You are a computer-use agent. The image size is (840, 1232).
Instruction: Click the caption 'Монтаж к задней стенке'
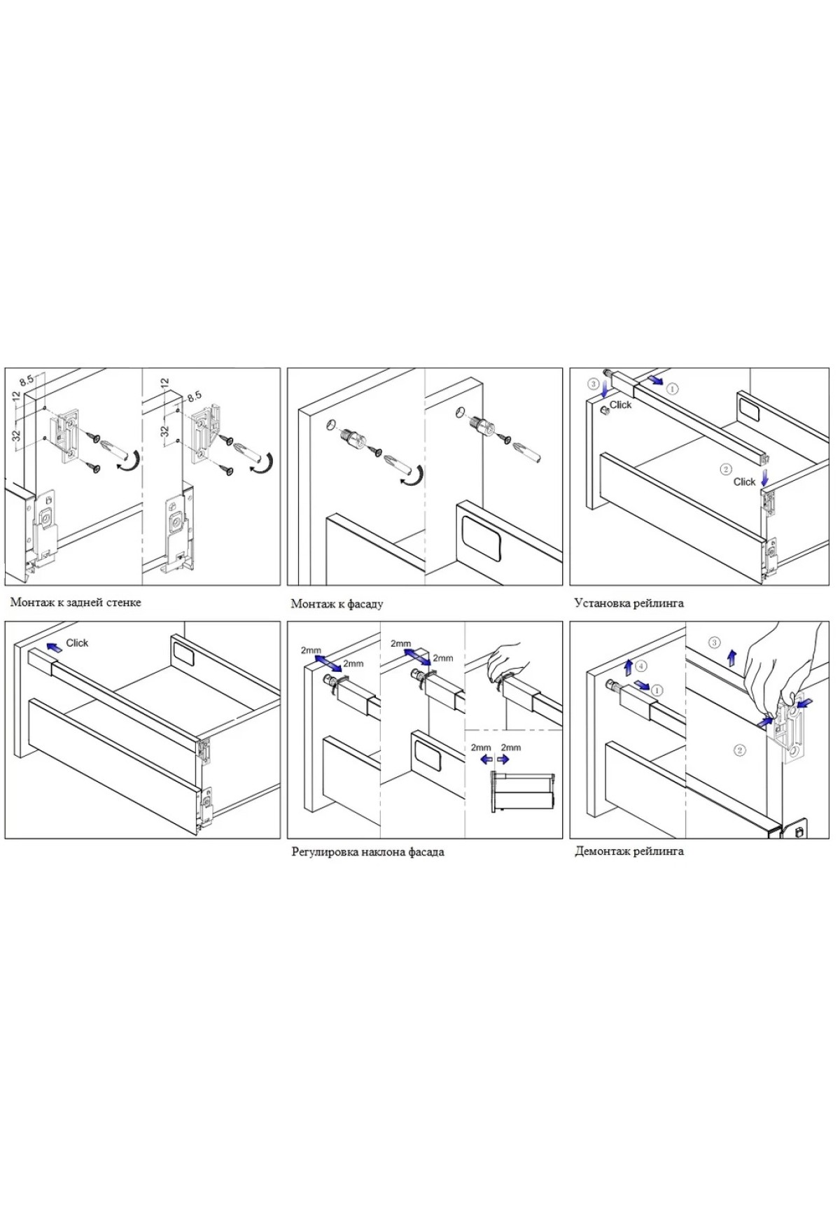tap(76, 602)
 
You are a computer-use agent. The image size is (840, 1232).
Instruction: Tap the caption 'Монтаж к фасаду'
tap(337, 603)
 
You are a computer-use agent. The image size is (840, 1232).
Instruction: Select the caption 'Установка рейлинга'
tap(629, 603)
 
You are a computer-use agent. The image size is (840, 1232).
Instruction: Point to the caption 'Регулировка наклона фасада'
tap(367, 852)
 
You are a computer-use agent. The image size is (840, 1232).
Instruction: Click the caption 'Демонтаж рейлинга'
tap(629, 851)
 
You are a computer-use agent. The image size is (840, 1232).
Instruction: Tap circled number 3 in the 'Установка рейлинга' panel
tap(593, 384)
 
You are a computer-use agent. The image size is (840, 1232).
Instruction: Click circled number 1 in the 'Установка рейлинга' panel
tap(672, 387)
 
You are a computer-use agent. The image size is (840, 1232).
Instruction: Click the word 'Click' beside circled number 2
tap(744, 482)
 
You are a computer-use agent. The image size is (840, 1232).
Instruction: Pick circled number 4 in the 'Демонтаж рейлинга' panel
tap(642, 666)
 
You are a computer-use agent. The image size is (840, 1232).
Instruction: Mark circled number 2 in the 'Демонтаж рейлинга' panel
tap(740, 750)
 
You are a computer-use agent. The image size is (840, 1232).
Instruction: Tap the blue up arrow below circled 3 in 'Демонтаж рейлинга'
tap(731, 657)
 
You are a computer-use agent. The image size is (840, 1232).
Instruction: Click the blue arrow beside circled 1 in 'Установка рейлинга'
tap(655, 380)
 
